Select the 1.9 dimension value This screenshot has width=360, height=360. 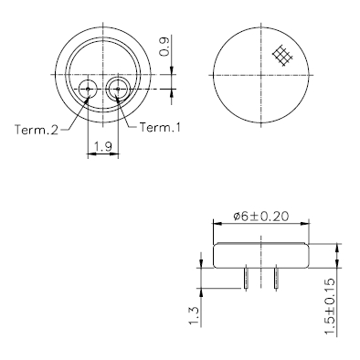[x=103, y=144]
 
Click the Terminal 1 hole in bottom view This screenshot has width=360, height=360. [x=118, y=89]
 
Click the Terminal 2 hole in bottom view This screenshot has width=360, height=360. [x=88, y=89]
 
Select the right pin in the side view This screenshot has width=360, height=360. [x=276, y=277]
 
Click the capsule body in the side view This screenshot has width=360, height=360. [x=261, y=255]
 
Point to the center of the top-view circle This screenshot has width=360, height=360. [x=262, y=70]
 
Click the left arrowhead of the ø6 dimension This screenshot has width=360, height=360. [x=216, y=225]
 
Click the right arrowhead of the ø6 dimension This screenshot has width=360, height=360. [x=308, y=225]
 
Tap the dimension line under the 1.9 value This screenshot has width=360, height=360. [x=103, y=154]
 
